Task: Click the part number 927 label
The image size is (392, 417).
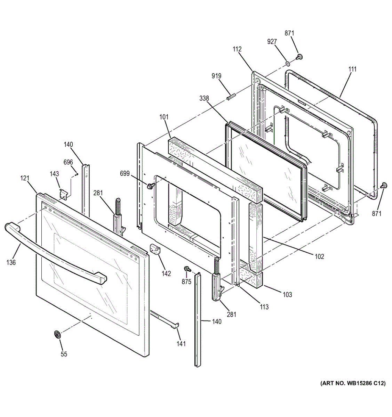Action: pos(272,42)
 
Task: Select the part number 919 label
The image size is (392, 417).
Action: pos(216,76)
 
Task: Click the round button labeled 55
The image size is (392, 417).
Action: pos(57,334)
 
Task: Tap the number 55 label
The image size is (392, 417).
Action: pos(64,354)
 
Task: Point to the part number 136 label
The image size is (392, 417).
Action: pos(11,262)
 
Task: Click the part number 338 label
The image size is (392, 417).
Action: pos(204,98)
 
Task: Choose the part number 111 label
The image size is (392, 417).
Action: pos(352,69)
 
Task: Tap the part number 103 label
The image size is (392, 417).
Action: pos(287,295)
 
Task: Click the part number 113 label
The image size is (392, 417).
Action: pos(264,307)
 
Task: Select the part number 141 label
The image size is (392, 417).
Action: pos(181,344)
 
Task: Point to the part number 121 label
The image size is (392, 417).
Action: pos(24,178)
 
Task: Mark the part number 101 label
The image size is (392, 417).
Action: pos(164,117)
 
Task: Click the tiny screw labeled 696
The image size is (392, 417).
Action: pos(77,174)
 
